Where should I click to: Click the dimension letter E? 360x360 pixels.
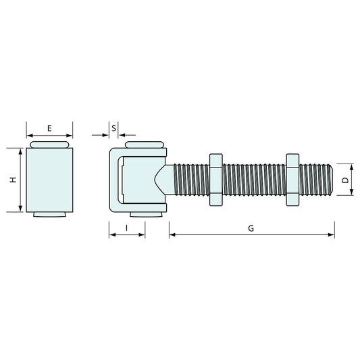(49, 128)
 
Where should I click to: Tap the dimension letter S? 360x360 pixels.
(114, 127)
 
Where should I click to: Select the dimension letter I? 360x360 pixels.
(127, 228)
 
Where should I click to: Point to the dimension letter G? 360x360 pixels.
(251, 228)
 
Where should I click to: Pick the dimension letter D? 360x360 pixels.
(344, 180)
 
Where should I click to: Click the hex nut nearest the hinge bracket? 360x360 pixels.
(215, 180)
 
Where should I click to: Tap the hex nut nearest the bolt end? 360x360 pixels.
(292, 180)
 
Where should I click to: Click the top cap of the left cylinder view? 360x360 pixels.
(49, 145)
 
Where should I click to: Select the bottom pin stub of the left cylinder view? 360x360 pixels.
(49, 215)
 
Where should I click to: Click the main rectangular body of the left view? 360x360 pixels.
(49, 180)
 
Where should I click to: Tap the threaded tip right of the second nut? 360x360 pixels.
(316, 180)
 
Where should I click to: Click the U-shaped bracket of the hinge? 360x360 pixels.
(113, 180)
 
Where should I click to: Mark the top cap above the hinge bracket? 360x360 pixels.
(143, 145)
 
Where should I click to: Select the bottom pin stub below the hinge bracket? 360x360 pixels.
(144, 214)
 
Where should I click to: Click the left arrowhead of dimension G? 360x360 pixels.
(172, 235)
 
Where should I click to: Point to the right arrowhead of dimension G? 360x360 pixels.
(332, 235)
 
